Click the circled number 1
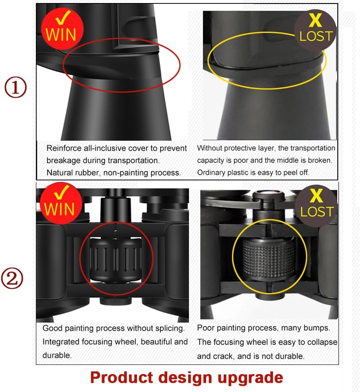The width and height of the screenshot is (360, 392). point(16,87)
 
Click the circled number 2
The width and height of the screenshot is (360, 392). point(12,278)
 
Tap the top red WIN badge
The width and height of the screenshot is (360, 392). point(62,29)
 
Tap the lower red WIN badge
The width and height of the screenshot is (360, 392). point(61,203)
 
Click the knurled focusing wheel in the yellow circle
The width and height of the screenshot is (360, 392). point(269,259)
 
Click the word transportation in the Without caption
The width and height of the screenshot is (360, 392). point(313,148)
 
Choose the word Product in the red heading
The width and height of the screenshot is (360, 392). point(121,378)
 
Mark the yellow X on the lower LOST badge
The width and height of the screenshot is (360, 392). point(316,196)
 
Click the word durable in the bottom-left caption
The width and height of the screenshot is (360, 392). point(57,355)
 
